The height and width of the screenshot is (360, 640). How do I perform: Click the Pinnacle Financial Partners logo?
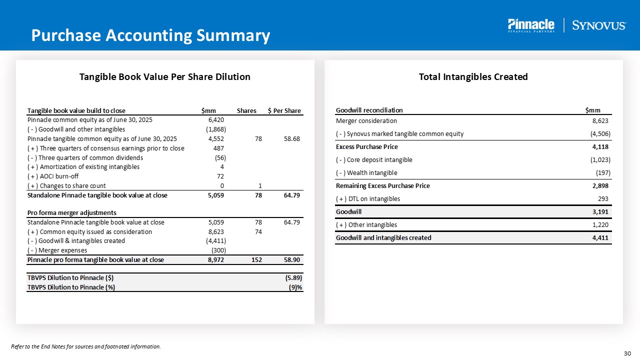tap(530, 25)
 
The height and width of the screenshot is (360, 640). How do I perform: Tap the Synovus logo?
tap(598, 25)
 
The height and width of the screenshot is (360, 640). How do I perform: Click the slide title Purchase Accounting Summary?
tap(150, 35)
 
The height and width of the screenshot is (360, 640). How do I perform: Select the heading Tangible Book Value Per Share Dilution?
tap(165, 76)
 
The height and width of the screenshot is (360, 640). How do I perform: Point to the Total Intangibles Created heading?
tap(473, 76)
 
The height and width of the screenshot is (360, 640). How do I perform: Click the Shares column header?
tap(246, 110)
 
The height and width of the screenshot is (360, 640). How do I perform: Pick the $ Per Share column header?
tap(284, 110)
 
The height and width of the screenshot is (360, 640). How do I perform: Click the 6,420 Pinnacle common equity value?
tap(215, 120)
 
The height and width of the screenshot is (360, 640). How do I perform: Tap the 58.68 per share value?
tap(291, 138)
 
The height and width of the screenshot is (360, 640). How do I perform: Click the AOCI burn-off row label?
tap(53, 176)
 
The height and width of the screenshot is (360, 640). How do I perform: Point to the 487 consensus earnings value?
tap(218, 148)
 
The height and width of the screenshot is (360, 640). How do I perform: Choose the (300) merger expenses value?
tap(216, 250)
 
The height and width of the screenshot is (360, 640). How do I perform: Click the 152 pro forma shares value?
tap(256, 259)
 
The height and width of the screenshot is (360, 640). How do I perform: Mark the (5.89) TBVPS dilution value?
tap(292, 277)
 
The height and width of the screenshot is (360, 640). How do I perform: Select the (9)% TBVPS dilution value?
tap(295, 287)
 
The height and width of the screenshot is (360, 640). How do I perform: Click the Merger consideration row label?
tap(366, 120)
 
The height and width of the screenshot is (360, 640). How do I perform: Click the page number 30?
tap(628, 353)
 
